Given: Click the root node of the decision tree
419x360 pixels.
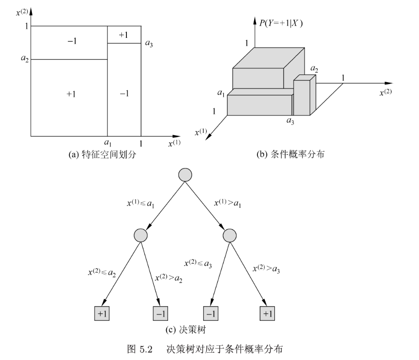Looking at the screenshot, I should click(x=185, y=175).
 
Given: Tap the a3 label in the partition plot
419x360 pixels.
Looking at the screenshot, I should click(x=149, y=44).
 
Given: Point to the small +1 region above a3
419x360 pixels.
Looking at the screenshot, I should click(x=123, y=35).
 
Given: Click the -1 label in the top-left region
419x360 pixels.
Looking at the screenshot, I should click(x=71, y=42).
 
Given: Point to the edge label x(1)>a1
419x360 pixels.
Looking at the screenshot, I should click(x=228, y=202).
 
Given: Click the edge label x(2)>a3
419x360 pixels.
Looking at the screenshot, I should click(x=266, y=268).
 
